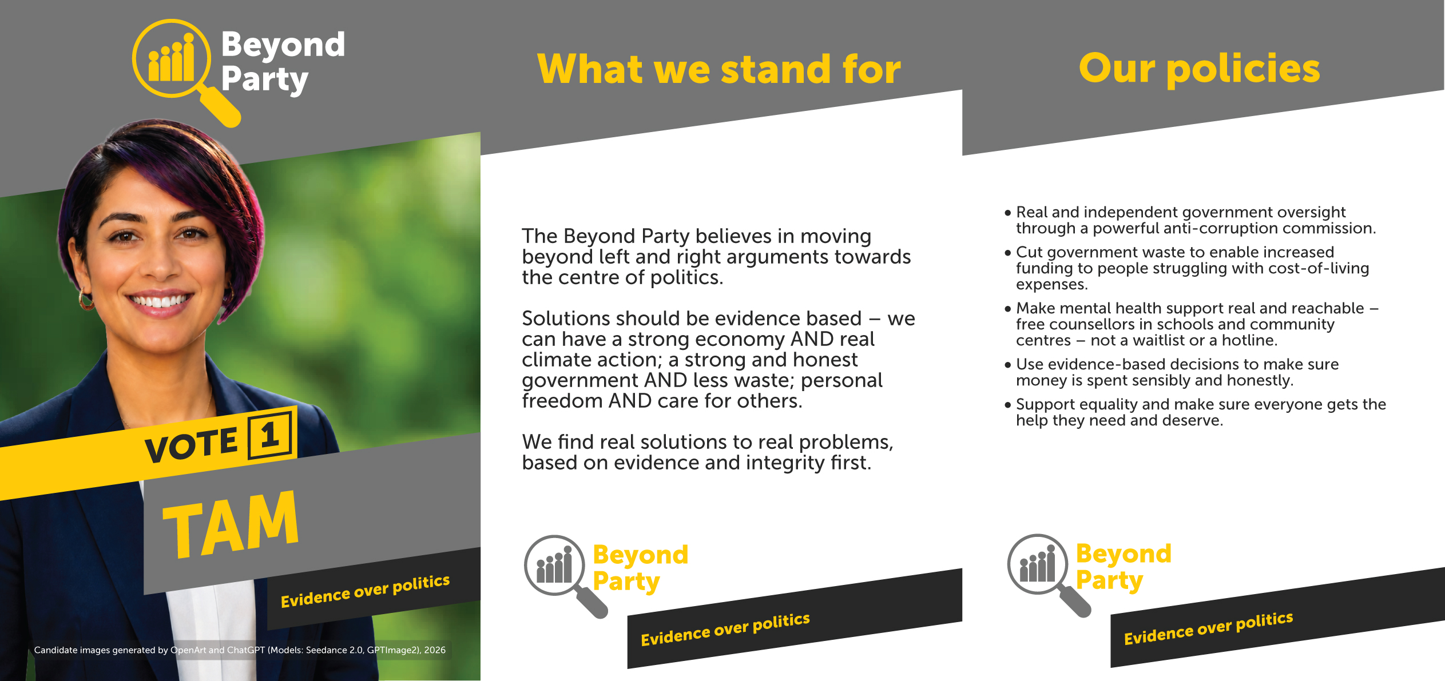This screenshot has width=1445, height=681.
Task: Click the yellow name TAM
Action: [x=231, y=524]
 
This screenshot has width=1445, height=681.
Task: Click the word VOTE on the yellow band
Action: [x=191, y=445]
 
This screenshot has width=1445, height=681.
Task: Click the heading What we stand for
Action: [x=719, y=69]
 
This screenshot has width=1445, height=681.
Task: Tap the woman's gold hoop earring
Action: [x=86, y=299]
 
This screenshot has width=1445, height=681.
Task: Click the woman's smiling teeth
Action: [x=160, y=301]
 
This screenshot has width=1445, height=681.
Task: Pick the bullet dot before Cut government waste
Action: [x=1008, y=253]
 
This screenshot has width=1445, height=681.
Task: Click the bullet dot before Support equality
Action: [x=1008, y=405]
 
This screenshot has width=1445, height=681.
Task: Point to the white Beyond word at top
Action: [x=283, y=45]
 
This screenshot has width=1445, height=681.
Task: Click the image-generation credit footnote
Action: [x=240, y=650]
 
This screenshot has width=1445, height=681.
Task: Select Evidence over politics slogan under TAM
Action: [x=365, y=591]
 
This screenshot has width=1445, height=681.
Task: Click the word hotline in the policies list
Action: [x=1249, y=341]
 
